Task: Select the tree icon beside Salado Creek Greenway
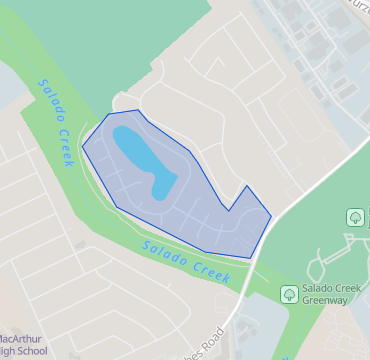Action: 288,293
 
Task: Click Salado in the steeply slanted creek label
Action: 46,99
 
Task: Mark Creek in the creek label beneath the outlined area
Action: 212,270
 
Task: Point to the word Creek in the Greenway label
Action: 347,285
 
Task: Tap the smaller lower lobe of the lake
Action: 163,185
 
